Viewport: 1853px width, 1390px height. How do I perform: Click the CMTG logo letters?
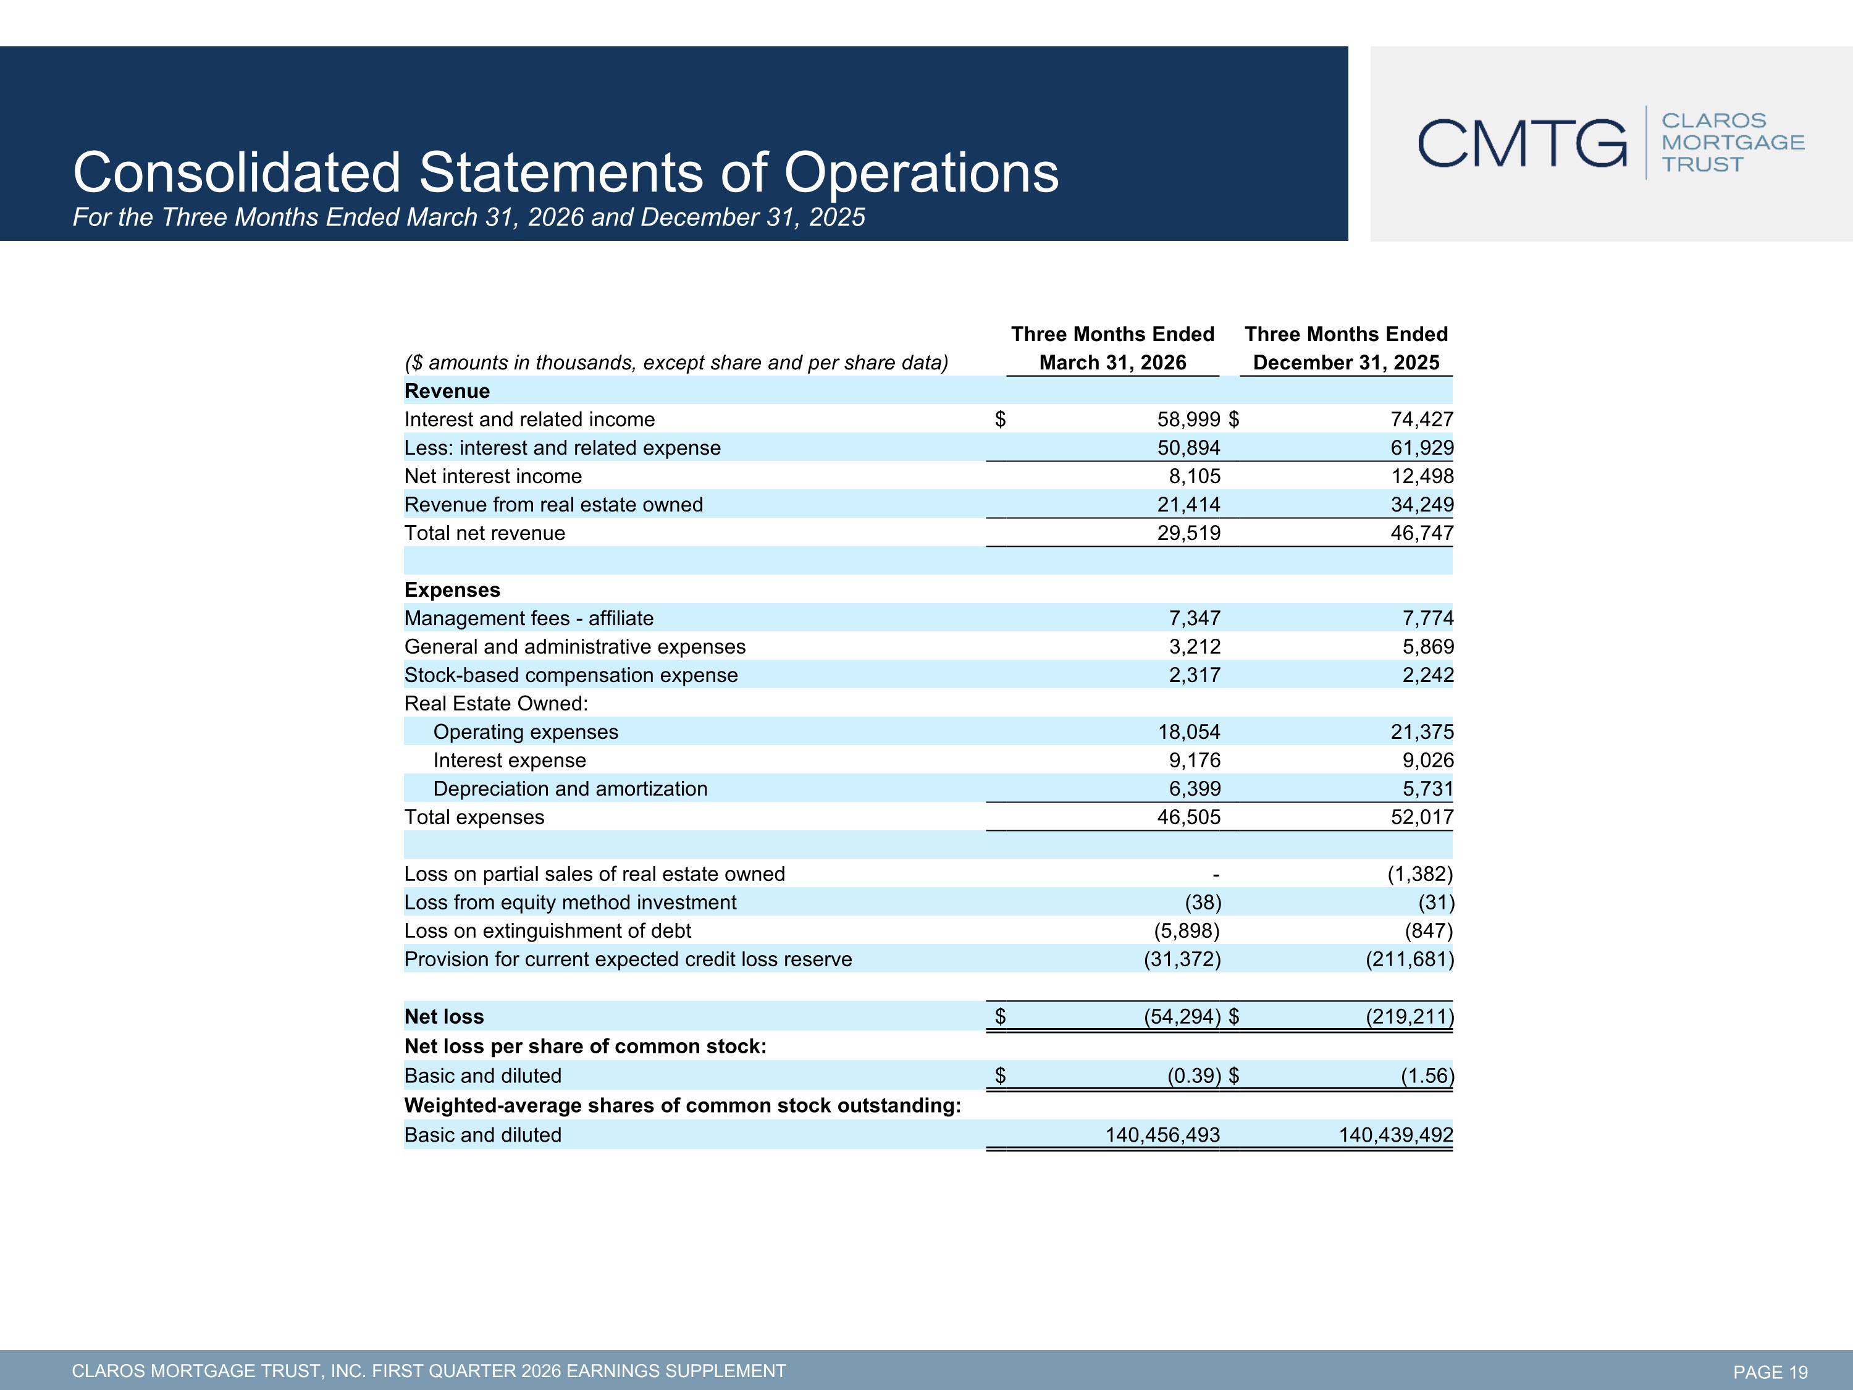[x=1522, y=143]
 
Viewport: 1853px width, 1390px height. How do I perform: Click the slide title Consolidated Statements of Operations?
[x=565, y=172]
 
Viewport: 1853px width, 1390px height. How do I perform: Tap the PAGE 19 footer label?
[x=1770, y=1371]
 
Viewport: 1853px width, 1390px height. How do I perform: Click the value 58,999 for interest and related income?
[x=1189, y=419]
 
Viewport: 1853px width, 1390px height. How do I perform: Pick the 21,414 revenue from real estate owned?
[x=1189, y=504]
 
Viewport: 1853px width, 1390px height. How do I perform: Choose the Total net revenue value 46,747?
[x=1422, y=533]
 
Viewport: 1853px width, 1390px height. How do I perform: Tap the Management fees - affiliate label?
[x=529, y=618]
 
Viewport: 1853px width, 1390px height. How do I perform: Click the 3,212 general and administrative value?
[x=1195, y=647]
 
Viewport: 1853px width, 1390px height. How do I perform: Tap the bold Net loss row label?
[x=444, y=1016]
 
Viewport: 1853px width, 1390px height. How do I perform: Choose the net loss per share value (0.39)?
[x=1195, y=1076]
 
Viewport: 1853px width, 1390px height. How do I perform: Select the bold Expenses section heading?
[x=452, y=590]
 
